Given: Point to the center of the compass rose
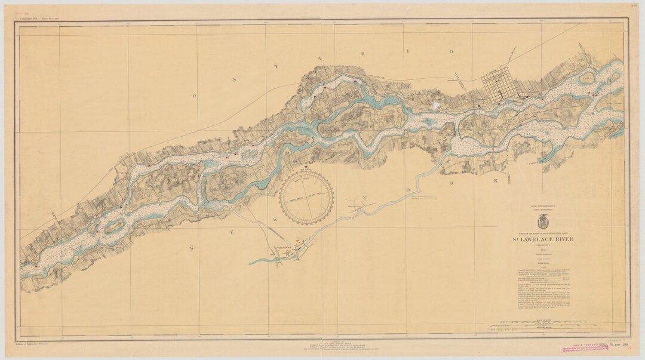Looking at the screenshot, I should coord(306,198).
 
